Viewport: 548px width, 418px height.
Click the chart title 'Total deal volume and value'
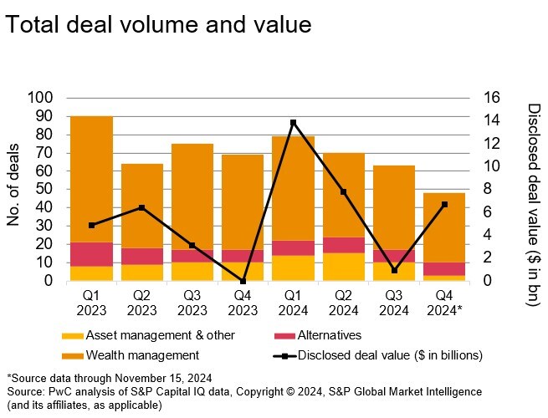click(x=158, y=24)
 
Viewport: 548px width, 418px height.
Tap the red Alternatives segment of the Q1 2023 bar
click(x=92, y=254)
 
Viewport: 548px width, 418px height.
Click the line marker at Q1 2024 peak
click(x=293, y=123)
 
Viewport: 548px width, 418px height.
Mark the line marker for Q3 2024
click(x=393, y=270)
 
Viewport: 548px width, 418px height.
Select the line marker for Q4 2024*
click(x=443, y=204)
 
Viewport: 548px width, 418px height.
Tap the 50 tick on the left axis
click(x=44, y=190)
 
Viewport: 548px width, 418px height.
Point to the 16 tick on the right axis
click(x=492, y=98)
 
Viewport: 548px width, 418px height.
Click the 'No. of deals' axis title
click(x=14, y=190)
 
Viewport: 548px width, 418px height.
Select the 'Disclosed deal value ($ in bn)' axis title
click(x=534, y=205)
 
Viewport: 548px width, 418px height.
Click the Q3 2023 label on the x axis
click(x=192, y=303)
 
